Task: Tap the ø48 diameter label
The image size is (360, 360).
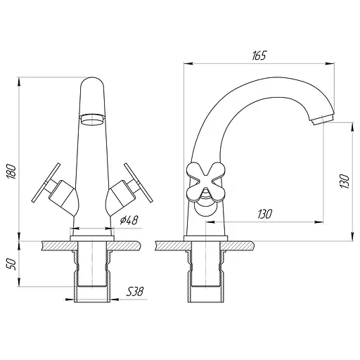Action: click(129, 220)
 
